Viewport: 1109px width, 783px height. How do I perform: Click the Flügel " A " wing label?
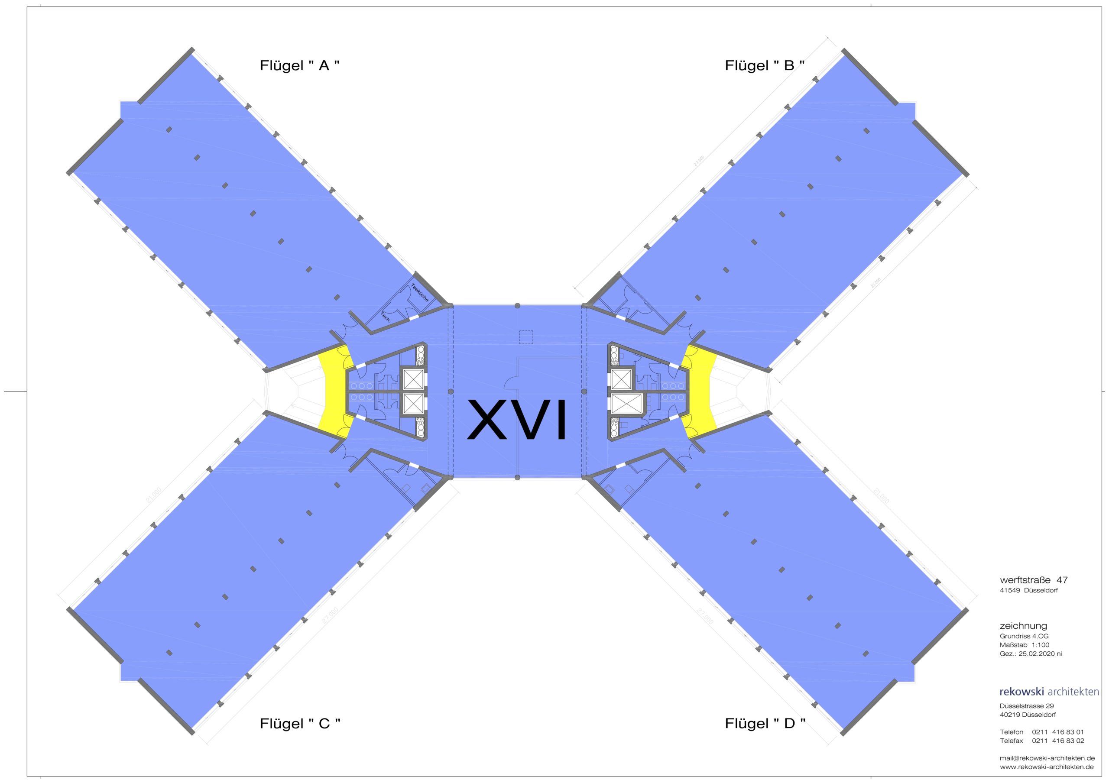click(299, 66)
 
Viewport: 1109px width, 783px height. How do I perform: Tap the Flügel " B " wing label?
click(765, 66)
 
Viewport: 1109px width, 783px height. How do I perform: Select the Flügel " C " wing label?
click(300, 724)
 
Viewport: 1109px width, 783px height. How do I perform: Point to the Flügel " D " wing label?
click(765, 724)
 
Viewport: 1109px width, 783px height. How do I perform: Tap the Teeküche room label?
click(420, 292)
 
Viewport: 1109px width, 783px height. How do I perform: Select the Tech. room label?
click(386, 317)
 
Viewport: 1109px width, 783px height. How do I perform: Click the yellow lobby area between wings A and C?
click(333, 391)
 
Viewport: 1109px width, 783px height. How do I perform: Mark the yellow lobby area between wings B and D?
click(701, 391)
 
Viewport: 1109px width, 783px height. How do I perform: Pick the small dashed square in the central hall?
click(526, 337)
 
